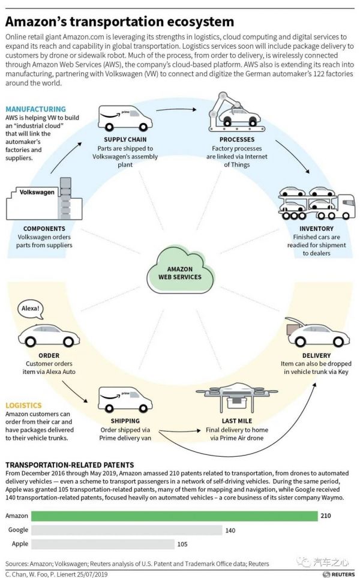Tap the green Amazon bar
174,516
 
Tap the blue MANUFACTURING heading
35,109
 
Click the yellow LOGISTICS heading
24,406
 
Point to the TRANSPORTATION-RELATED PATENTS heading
70,465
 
